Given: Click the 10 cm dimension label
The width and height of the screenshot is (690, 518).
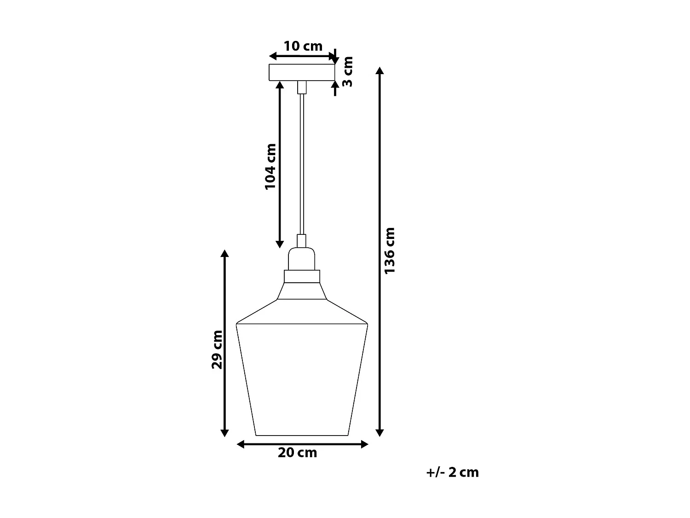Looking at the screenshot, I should coord(303,46).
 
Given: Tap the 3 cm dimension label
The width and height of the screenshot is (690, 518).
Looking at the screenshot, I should coord(348,71).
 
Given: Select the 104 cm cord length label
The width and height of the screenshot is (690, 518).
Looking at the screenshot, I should coord(270,166).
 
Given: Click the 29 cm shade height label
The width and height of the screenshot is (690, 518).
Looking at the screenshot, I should coord(217,349).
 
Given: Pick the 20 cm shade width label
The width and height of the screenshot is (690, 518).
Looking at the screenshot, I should coord(297,453).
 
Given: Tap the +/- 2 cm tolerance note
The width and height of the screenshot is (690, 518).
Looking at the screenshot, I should coord(452,472).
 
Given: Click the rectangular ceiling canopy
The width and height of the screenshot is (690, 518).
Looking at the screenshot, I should coord(302,72).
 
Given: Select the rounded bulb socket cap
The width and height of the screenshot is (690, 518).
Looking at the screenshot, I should coord(302,259).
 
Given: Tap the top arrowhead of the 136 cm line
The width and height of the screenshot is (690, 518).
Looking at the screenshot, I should coord(379,70).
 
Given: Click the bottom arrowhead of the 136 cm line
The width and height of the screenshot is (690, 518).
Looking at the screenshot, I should coord(379,432).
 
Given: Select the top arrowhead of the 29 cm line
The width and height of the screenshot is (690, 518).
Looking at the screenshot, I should coord(224,254).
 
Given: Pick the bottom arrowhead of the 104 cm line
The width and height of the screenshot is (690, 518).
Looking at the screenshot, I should coord(279,244).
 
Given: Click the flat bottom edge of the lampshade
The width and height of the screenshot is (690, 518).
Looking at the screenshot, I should coord(302,435).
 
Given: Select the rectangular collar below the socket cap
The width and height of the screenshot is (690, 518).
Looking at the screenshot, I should coord(302,276).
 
